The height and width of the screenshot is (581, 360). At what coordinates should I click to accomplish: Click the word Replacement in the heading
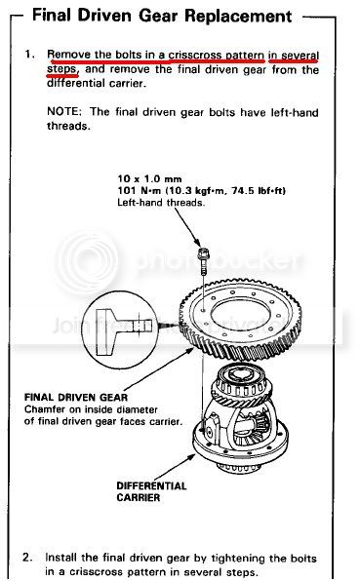click(238, 17)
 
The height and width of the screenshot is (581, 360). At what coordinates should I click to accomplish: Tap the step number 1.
click(29, 54)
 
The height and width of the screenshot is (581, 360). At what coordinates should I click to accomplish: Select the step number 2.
click(27, 557)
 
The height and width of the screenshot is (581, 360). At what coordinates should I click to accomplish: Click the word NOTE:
click(63, 111)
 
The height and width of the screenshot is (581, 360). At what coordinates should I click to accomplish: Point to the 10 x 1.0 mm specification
click(150, 179)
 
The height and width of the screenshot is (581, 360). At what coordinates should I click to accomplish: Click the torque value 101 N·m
click(140, 190)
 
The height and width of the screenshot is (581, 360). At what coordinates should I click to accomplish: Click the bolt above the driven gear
click(203, 260)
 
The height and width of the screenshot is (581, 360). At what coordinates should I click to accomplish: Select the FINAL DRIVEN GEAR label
click(76, 397)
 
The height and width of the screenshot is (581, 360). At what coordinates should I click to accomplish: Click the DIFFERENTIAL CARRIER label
click(151, 491)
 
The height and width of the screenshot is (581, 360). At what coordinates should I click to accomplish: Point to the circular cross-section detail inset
click(120, 330)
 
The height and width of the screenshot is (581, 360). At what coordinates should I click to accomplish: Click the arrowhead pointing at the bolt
click(199, 243)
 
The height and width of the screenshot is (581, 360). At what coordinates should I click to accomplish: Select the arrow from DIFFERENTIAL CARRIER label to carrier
click(175, 467)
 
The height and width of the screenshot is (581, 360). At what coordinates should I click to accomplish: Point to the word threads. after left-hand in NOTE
click(68, 126)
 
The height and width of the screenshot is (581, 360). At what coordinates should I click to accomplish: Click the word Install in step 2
click(60, 557)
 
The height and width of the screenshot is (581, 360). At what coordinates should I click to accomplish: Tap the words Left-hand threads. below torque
click(161, 203)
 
